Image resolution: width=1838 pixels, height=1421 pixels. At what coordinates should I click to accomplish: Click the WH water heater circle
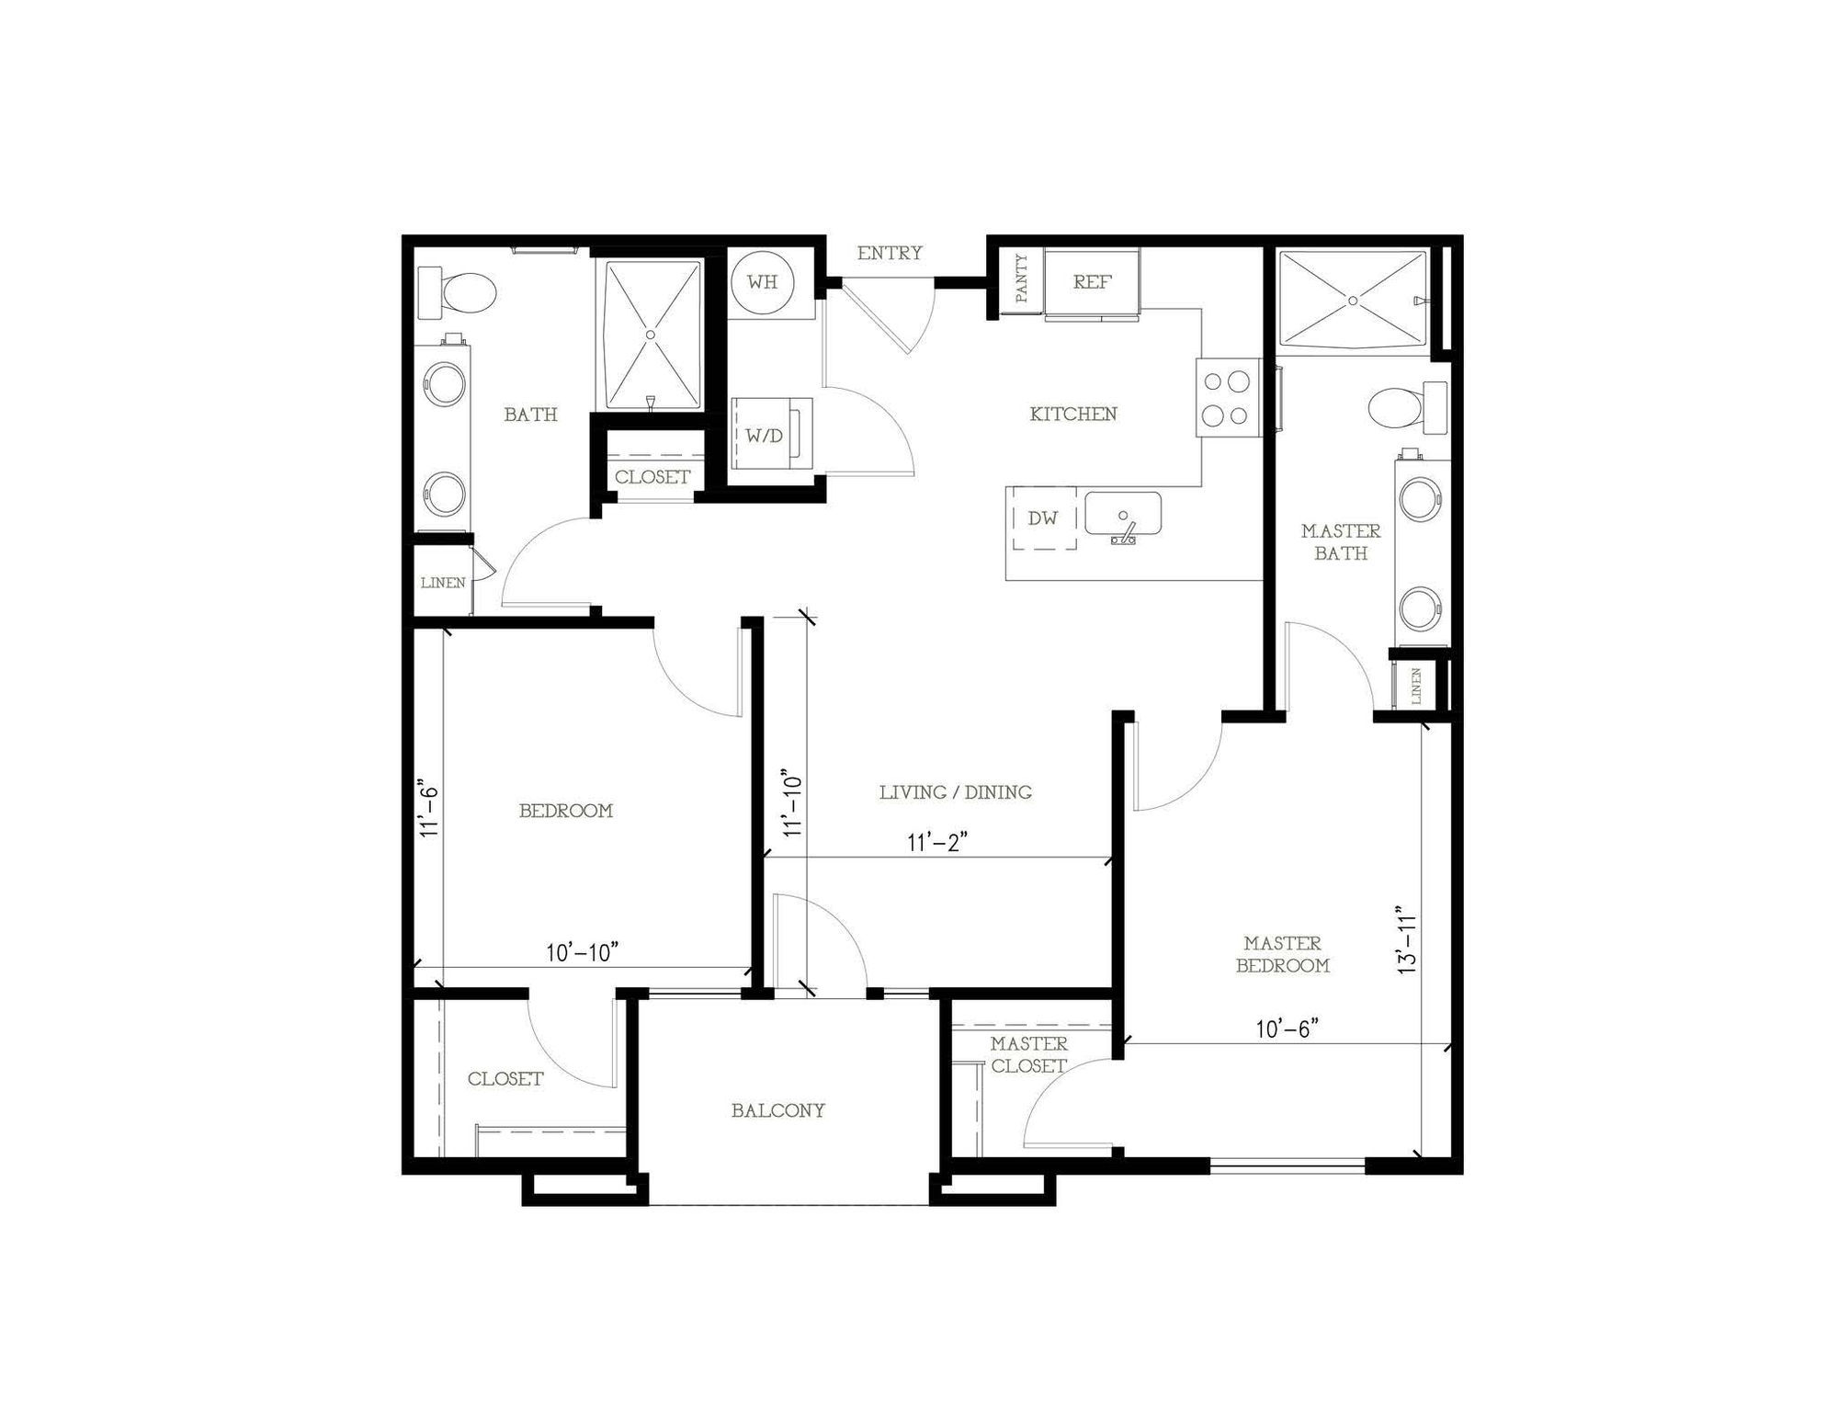(x=763, y=281)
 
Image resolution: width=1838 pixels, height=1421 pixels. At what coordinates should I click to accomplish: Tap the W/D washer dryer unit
(x=772, y=434)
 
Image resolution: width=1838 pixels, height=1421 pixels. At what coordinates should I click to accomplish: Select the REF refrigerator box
(x=1093, y=282)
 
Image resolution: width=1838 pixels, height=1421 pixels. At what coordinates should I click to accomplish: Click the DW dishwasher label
(x=1042, y=518)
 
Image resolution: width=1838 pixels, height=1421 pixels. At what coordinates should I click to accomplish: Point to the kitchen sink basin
(x=1123, y=513)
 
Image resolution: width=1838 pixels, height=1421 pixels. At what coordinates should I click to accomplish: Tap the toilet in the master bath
(x=1404, y=409)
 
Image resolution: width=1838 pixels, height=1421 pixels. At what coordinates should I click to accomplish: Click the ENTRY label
(x=890, y=253)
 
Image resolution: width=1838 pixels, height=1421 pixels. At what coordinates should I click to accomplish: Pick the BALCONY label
(x=778, y=1110)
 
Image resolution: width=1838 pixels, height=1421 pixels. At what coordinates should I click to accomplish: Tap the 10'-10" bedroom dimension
(x=581, y=953)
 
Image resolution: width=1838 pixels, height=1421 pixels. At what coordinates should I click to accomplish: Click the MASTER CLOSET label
(x=1029, y=1055)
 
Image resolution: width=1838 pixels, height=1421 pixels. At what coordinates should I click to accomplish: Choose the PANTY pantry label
(x=1022, y=279)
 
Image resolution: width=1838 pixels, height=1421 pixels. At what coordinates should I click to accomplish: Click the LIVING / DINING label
(x=956, y=792)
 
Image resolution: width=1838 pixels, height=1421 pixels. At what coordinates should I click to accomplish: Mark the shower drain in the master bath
(x=1352, y=301)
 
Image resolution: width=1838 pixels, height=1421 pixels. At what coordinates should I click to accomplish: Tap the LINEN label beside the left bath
(x=443, y=583)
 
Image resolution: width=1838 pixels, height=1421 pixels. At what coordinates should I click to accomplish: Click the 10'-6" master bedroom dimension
(x=1288, y=1029)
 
